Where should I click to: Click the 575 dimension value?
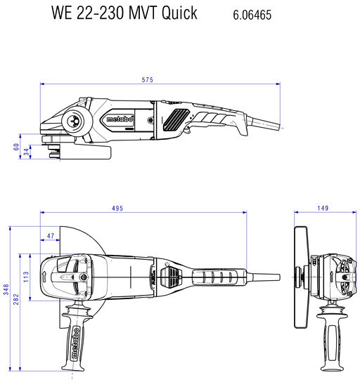click(148, 79)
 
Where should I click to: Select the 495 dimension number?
click(117, 209)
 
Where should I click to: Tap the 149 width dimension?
click(323, 208)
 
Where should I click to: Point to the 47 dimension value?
click(51, 236)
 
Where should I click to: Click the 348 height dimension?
click(6, 289)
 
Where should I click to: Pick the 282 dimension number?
click(16, 299)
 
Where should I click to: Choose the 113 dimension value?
click(26, 277)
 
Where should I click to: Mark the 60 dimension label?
click(16, 147)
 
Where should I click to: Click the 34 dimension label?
click(26, 152)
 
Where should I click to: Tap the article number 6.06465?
click(252, 15)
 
